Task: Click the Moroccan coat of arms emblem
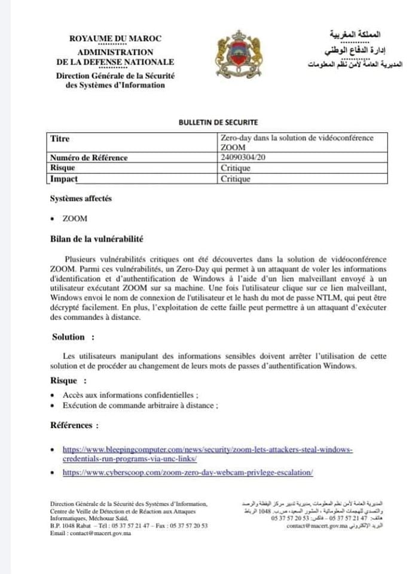[236, 57]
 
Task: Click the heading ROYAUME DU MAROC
[115, 39]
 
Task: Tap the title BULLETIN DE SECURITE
[218, 122]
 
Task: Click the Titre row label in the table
[60, 139]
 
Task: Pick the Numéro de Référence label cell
[89, 158]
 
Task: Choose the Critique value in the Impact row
[235, 178]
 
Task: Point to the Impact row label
[64, 178]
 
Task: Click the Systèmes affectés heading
[81, 199]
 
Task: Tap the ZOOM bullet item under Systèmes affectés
[75, 219]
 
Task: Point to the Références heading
[75, 425]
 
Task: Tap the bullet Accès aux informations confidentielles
[130, 395]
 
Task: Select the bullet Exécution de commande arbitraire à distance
[140, 405]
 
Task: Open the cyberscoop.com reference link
[188, 472]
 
